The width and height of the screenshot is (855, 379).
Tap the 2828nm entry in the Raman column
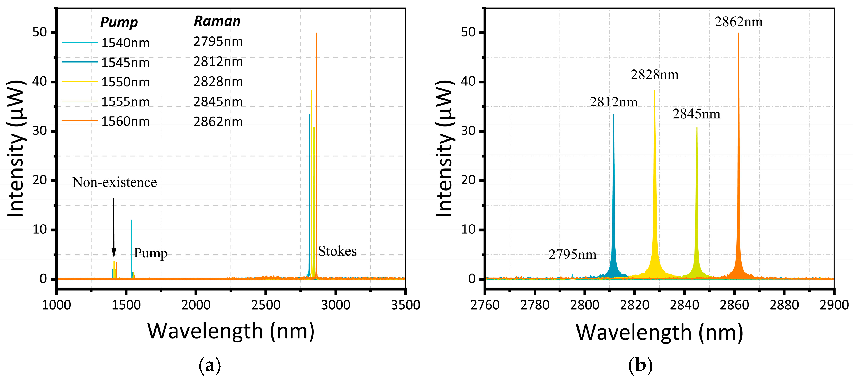pyautogui.click(x=218, y=81)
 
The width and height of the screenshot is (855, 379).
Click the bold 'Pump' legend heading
pyautogui.click(x=119, y=22)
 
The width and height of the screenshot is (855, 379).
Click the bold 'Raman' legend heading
pyautogui.click(x=217, y=21)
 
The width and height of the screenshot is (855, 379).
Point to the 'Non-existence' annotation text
pyautogui.click(x=115, y=182)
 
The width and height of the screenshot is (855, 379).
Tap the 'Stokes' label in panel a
pyautogui.click(x=337, y=251)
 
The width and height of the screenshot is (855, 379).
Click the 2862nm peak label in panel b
pyautogui.click(x=739, y=22)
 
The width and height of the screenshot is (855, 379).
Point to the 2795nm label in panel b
pyautogui.click(x=572, y=254)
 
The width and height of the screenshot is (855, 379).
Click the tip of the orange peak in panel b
pyautogui.click(x=739, y=34)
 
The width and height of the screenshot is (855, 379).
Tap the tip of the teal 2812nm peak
pyautogui.click(x=614, y=115)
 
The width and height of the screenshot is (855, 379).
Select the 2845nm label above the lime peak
pyautogui.click(x=696, y=114)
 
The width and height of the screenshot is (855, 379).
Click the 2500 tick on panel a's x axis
pyautogui.click(x=266, y=304)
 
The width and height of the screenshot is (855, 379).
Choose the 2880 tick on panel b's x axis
pyautogui.click(x=784, y=304)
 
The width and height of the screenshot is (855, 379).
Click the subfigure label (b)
pyautogui.click(x=640, y=365)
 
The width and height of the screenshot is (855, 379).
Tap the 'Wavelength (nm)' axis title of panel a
pyautogui.click(x=231, y=331)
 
